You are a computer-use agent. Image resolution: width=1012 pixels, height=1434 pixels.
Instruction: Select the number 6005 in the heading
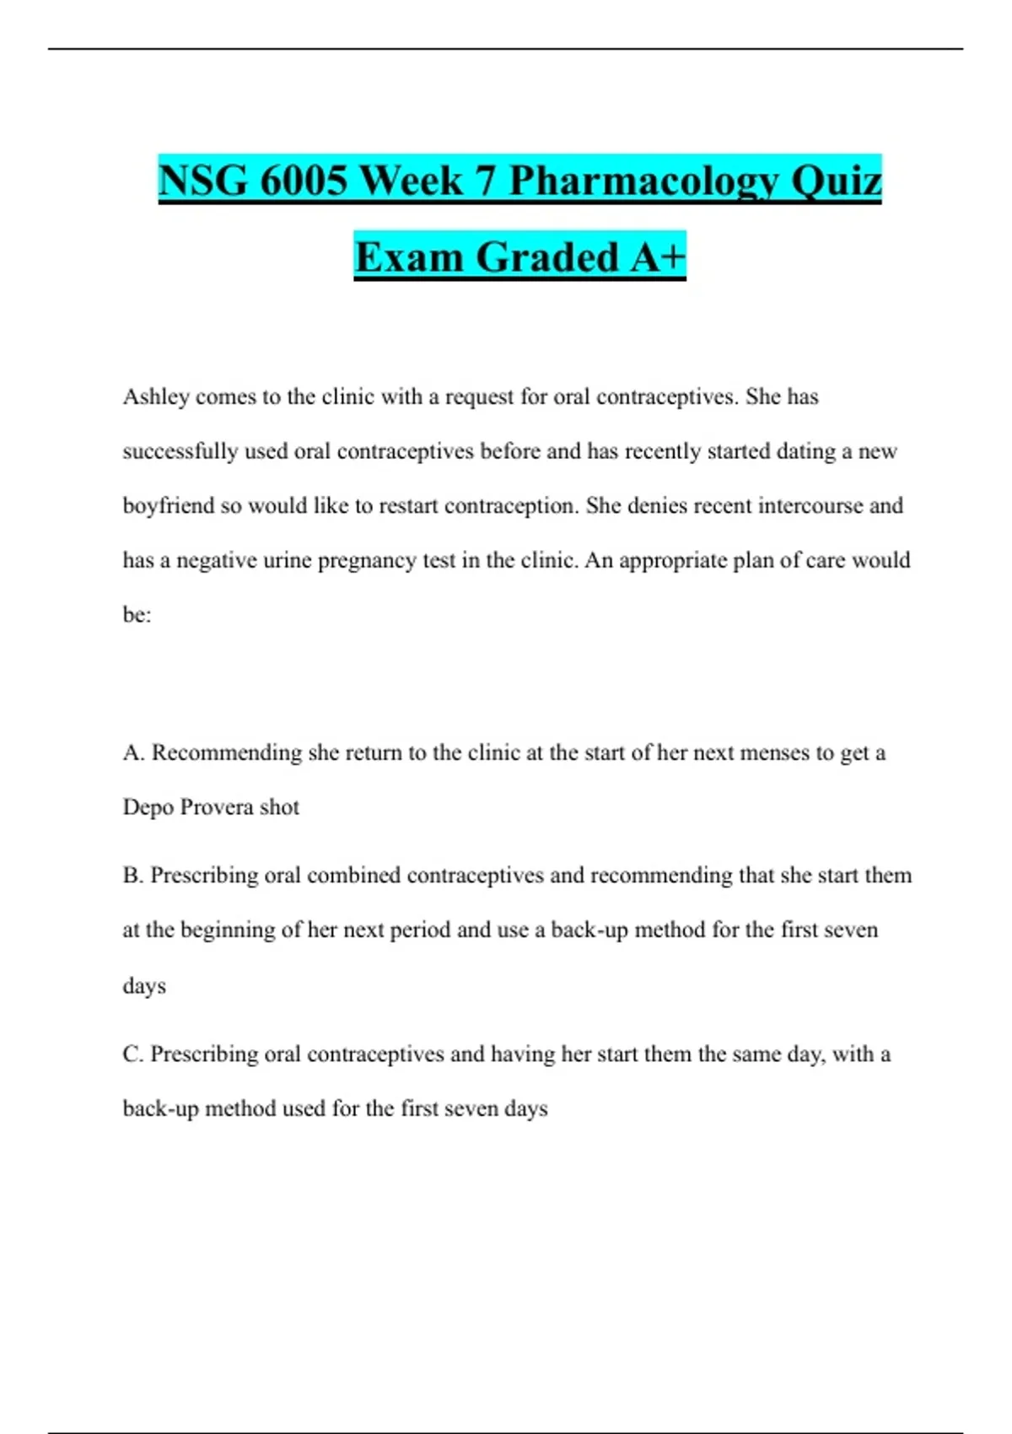pos(301,181)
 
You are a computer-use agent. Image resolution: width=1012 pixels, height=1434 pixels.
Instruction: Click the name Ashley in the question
pos(156,397)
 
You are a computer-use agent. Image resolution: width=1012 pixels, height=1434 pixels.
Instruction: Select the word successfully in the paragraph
pos(180,451)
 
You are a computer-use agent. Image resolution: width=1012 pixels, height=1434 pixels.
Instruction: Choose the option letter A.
pos(132,752)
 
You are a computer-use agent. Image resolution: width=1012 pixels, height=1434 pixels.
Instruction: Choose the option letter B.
pos(132,876)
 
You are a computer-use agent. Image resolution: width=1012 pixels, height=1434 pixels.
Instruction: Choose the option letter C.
pos(132,1054)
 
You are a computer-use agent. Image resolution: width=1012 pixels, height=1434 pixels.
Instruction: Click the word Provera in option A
pos(217,807)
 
